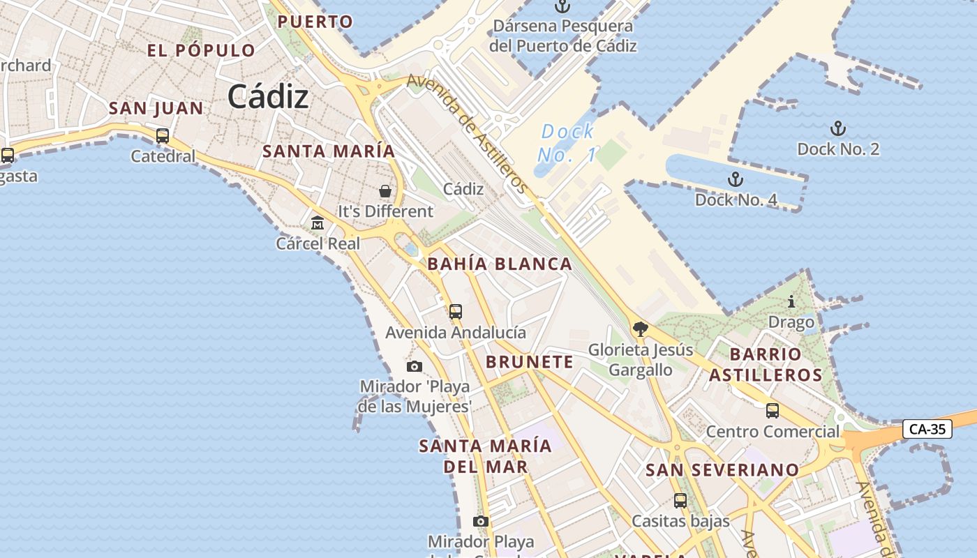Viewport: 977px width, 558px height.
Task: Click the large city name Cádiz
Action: [x=268, y=96]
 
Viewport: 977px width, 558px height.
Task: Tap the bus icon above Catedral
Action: [x=163, y=136]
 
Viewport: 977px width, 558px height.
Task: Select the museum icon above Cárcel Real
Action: [x=318, y=223]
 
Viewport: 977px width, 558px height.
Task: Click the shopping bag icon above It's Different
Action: [x=385, y=190]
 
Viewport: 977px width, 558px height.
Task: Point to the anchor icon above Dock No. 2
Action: [x=837, y=128]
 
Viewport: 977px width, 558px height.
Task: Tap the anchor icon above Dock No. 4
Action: [x=735, y=180]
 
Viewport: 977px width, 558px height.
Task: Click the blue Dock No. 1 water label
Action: [x=567, y=142]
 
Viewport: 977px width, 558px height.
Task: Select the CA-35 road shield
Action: [x=927, y=429]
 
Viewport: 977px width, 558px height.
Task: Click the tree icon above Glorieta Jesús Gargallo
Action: [x=640, y=329]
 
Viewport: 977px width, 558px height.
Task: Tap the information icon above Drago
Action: [x=791, y=302]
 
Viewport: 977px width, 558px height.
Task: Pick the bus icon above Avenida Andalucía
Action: [x=456, y=312]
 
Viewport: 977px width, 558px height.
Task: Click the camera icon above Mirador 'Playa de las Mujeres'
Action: [x=415, y=366]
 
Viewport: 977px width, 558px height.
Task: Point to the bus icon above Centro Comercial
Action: [x=773, y=411]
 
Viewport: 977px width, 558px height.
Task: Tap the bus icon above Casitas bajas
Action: [x=680, y=500]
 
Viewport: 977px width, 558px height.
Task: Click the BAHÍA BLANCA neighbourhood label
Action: [x=500, y=264]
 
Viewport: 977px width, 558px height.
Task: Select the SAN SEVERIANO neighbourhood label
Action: [x=722, y=470]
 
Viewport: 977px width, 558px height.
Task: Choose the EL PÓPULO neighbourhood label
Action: [x=201, y=50]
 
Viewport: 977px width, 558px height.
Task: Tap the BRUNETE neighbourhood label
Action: [x=529, y=362]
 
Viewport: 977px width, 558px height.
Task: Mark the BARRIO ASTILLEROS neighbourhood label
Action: [x=766, y=364]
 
